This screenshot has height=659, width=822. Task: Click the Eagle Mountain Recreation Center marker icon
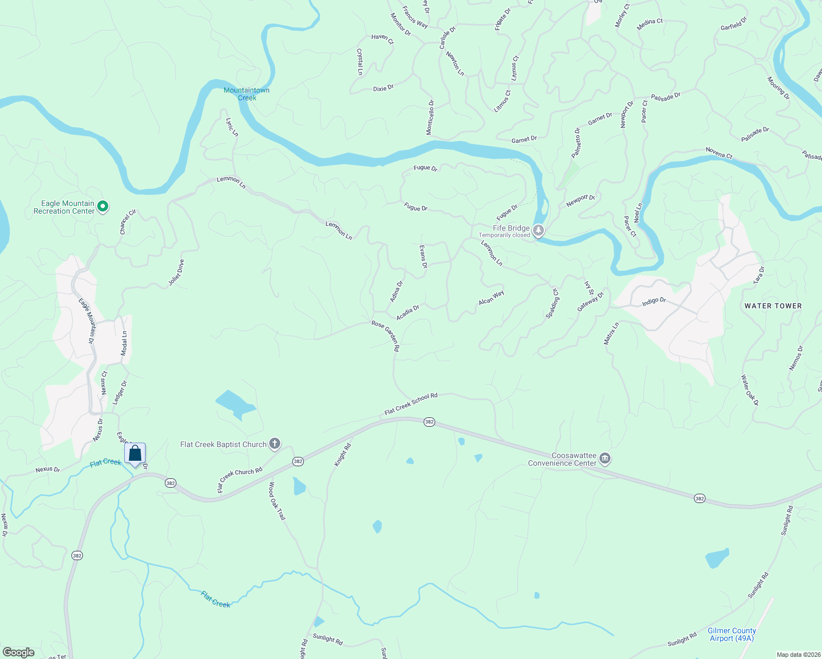coord(103,207)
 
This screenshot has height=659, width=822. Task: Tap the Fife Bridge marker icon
coord(538,231)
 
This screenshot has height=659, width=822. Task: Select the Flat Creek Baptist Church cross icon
coord(275,444)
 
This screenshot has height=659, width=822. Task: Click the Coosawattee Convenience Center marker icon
coord(605,459)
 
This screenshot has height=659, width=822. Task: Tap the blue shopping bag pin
coord(135,454)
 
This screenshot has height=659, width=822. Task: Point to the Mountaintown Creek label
coord(247,94)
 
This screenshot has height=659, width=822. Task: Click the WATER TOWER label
coord(773,306)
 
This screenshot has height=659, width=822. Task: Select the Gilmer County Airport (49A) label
coord(731,634)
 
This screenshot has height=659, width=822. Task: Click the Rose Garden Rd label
coord(386,336)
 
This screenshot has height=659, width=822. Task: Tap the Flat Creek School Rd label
coord(411,404)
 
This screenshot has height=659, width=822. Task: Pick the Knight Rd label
coord(343,455)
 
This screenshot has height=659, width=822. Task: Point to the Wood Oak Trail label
coord(277,501)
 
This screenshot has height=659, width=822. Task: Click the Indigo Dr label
coord(654,301)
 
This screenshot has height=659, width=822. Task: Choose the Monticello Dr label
coord(430,117)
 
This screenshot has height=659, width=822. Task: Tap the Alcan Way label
coord(491,298)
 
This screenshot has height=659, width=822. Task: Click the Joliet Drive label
coord(176,272)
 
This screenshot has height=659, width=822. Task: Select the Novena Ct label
coord(719,153)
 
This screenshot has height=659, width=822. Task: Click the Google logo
coord(19,652)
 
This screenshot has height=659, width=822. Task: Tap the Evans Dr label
coord(423,256)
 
